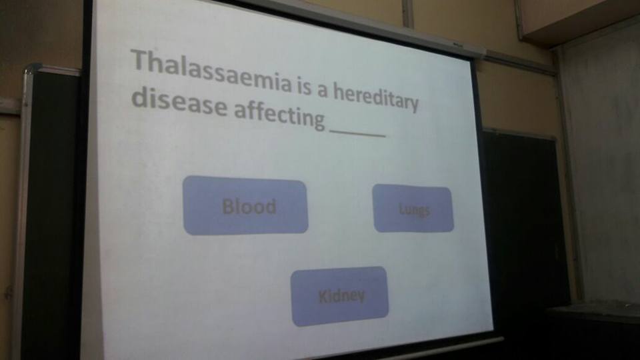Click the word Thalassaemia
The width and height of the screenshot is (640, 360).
[211, 71]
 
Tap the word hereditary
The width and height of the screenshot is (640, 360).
[376, 96]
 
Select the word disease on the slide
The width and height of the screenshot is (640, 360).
[179, 103]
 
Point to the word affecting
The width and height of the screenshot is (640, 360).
[279, 115]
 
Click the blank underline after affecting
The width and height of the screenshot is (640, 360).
[357, 133]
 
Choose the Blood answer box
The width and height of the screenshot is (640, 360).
[245, 205]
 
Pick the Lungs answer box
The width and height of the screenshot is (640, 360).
[413, 208]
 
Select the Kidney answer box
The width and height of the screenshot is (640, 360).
[339, 296]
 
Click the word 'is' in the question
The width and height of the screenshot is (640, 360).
[305, 87]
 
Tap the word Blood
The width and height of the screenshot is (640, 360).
[249, 207]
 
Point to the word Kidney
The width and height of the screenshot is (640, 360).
[341, 296]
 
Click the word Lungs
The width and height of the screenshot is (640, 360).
[414, 210]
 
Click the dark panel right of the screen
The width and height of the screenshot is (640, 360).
[525, 221]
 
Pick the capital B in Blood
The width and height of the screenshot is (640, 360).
[228, 206]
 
